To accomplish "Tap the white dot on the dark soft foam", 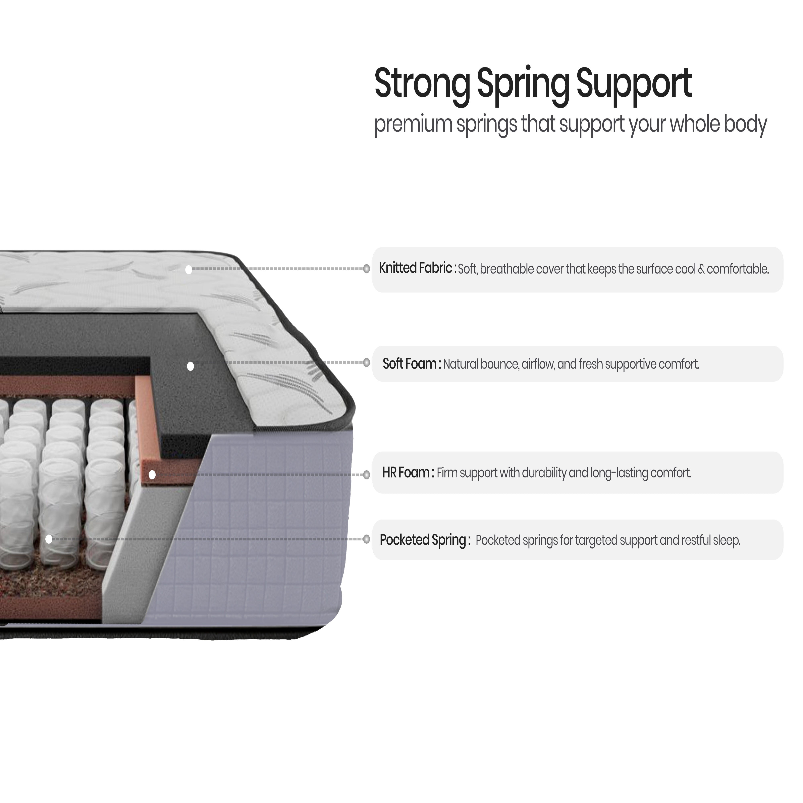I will click(190, 366).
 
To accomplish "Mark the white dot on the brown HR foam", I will click(152, 475).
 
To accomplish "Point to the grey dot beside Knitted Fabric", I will click(366, 269).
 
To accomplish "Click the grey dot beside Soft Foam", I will click(366, 362).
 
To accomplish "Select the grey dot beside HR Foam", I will click(366, 475).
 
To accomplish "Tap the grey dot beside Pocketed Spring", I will click(366, 539).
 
